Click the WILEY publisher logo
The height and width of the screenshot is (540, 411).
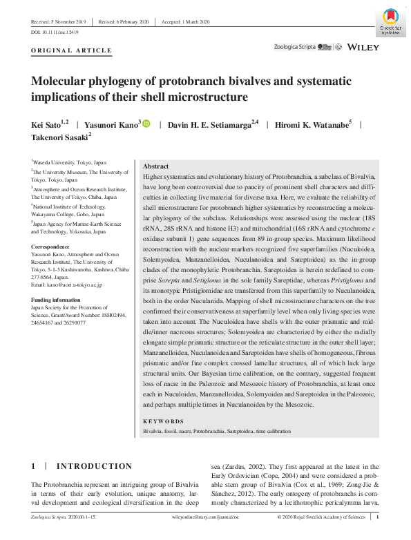(363, 46)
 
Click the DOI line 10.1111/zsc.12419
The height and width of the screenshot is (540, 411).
(54, 32)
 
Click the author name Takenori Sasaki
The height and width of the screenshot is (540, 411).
(59, 137)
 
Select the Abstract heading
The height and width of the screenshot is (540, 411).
(155, 166)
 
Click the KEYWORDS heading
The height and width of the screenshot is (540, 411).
(164, 421)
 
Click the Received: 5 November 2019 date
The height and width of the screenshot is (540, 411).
(59, 21)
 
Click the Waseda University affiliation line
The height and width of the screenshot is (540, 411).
(67, 158)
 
